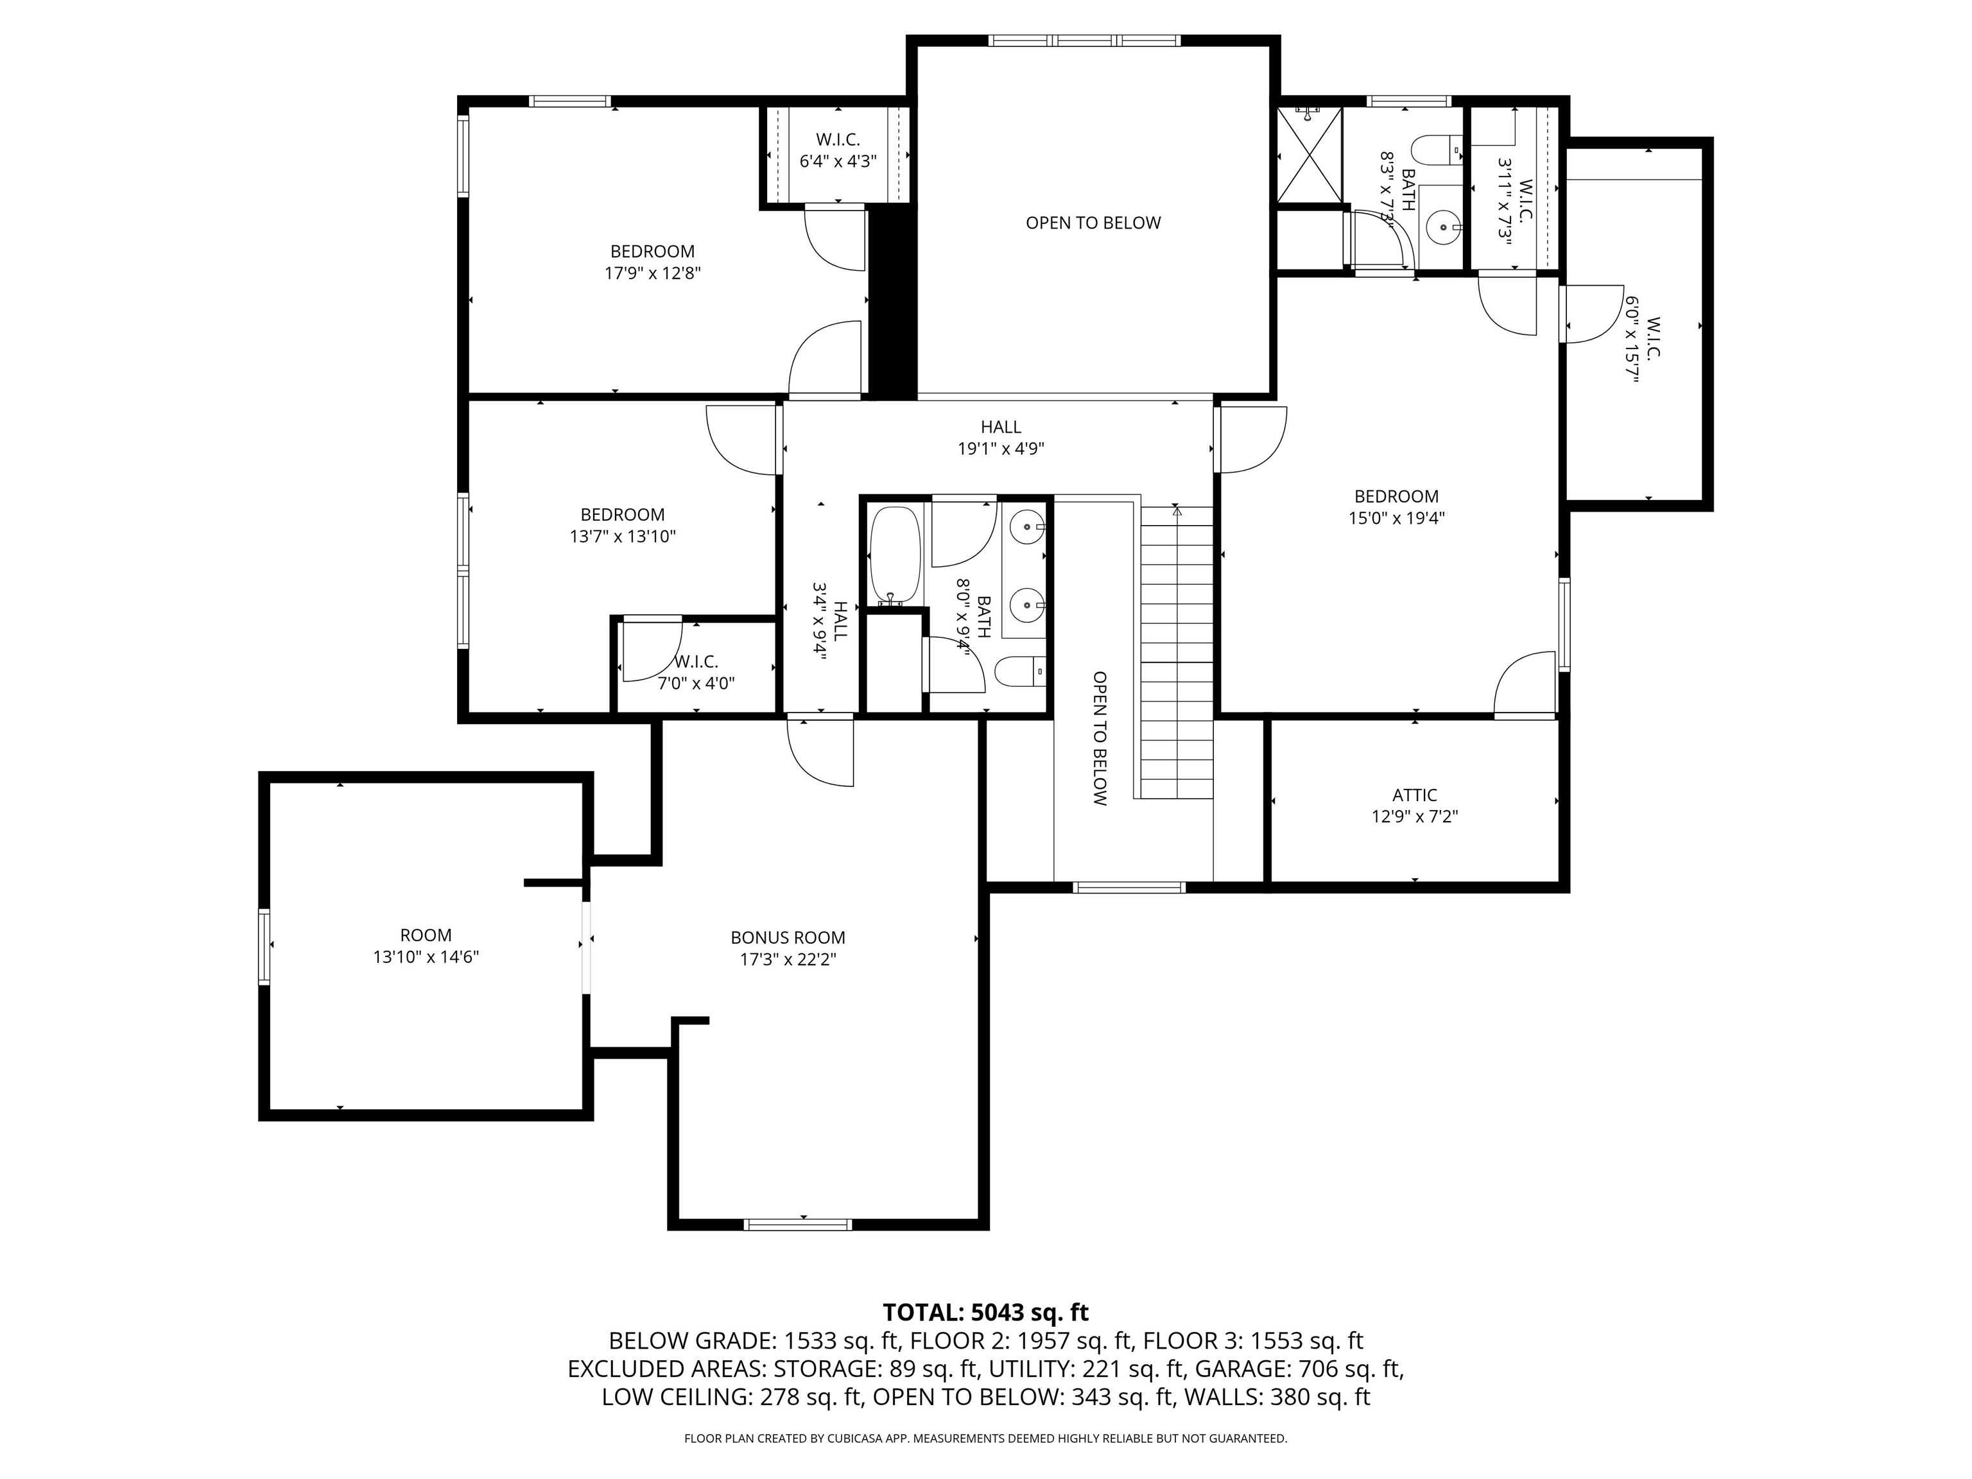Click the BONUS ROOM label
click(787, 938)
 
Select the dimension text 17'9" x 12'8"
click(653, 273)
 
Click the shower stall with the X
click(1310, 155)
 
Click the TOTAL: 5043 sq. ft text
click(985, 1312)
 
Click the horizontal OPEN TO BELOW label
click(1093, 223)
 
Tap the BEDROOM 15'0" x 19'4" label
click(1396, 507)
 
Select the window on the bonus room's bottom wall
click(798, 1224)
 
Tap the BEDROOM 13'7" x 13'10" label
click(622, 525)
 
